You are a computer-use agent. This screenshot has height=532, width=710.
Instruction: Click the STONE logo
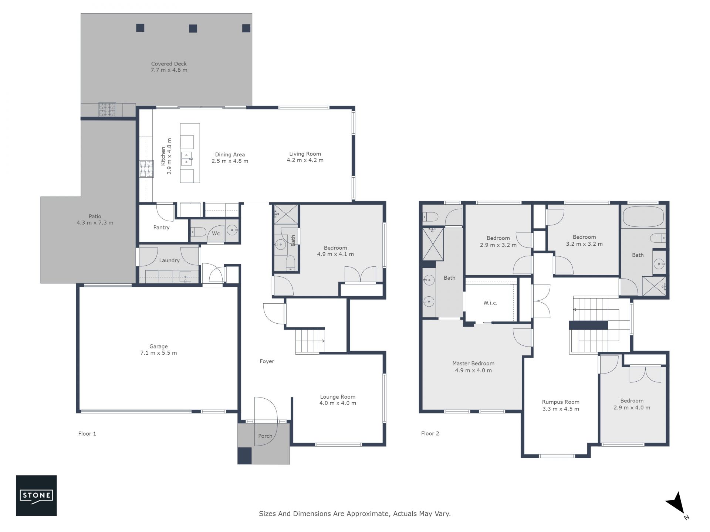click(x=36, y=495)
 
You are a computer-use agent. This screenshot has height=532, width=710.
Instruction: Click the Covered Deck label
click(x=169, y=64)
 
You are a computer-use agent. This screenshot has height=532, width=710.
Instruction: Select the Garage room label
click(x=159, y=347)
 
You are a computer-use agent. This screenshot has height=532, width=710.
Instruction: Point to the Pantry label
click(x=162, y=228)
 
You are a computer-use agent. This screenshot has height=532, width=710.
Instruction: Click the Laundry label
click(x=169, y=260)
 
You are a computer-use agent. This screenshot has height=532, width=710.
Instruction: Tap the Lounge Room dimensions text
click(x=338, y=403)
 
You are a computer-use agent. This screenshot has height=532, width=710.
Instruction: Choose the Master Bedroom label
click(x=473, y=364)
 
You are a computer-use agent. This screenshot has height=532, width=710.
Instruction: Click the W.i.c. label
click(x=490, y=303)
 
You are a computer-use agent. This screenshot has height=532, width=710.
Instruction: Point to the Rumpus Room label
click(x=561, y=402)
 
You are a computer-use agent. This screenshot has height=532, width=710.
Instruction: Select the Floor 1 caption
click(x=87, y=434)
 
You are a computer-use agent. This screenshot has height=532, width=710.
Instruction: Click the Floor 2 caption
click(x=430, y=433)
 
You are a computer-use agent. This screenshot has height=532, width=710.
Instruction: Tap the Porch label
click(x=265, y=436)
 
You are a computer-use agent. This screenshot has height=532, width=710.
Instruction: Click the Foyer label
click(x=267, y=361)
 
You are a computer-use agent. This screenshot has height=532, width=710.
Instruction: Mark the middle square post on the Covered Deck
click(x=193, y=28)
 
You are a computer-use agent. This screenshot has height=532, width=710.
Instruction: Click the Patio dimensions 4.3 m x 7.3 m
click(x=95, y=223)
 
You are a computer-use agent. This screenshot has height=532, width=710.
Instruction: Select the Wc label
click(x=216, y=233)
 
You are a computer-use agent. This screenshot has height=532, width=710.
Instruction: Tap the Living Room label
click(x=305, y=154)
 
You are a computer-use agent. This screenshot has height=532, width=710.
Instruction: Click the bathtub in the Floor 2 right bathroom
click(x=643, y=216)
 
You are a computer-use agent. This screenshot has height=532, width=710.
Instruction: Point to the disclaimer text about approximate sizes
click(x=355, y=514)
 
